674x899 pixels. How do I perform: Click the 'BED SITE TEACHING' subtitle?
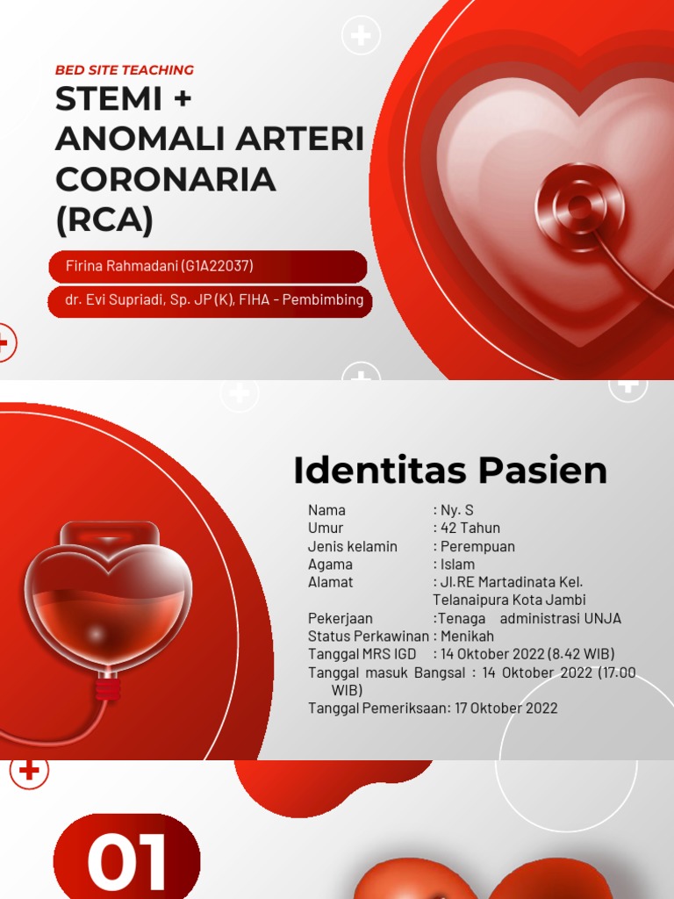coord(125,70)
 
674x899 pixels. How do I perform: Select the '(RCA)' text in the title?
coord(104,219)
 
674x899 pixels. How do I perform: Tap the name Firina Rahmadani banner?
coord(160,266)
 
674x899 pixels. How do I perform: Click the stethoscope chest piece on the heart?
coord(579,207)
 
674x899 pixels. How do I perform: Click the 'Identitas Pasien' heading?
coord(450,471)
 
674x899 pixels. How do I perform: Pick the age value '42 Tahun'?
coord(470,528)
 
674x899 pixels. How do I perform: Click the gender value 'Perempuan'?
coord(477,546)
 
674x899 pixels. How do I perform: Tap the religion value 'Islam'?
coord(457,565)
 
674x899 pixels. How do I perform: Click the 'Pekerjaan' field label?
coord(340,618)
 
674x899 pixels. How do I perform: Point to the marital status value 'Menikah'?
coord(467,636)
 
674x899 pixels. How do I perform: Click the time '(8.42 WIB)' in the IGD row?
coord(581,654)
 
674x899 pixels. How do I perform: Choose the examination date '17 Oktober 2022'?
coord(506,708)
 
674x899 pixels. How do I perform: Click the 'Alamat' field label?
coord(330,582)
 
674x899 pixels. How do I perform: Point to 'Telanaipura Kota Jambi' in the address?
coord(510,600)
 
